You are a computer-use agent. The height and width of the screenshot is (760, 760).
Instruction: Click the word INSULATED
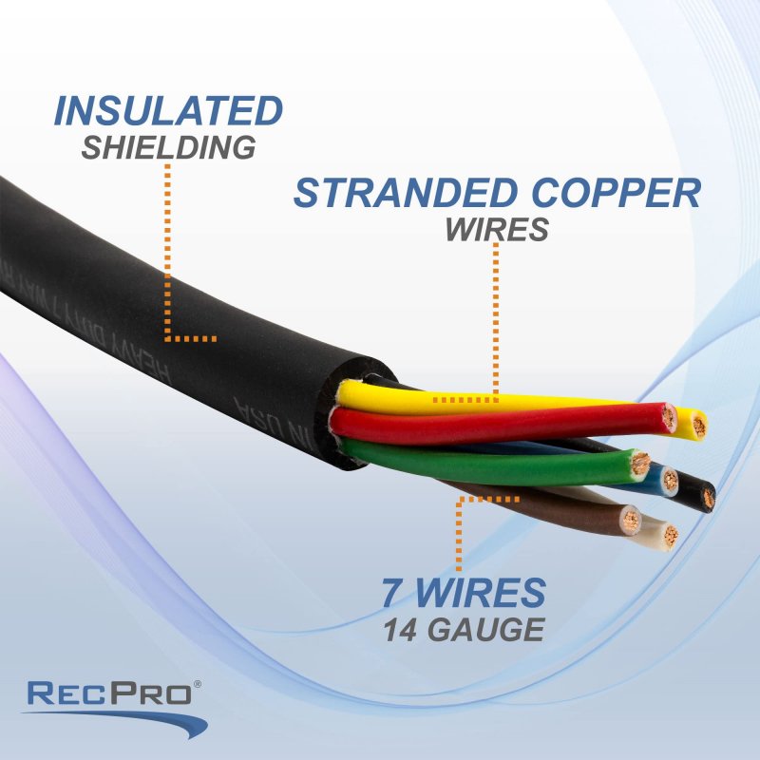pyautogui.click(x=168, y=111)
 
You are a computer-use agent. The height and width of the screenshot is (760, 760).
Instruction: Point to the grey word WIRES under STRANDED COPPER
pyautogui.click(x=497, y=230)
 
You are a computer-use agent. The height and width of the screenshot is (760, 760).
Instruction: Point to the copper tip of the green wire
pyautogui.click(x=641, y=465)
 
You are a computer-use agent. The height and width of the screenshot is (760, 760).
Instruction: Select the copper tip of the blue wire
pyautogui.click(x=671, y=481)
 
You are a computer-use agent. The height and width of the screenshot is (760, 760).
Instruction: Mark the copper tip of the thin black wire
pyautogui.click(x=709, y=498)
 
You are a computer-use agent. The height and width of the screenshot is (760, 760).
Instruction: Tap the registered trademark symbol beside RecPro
pyautogui.click(x=199, y=684)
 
